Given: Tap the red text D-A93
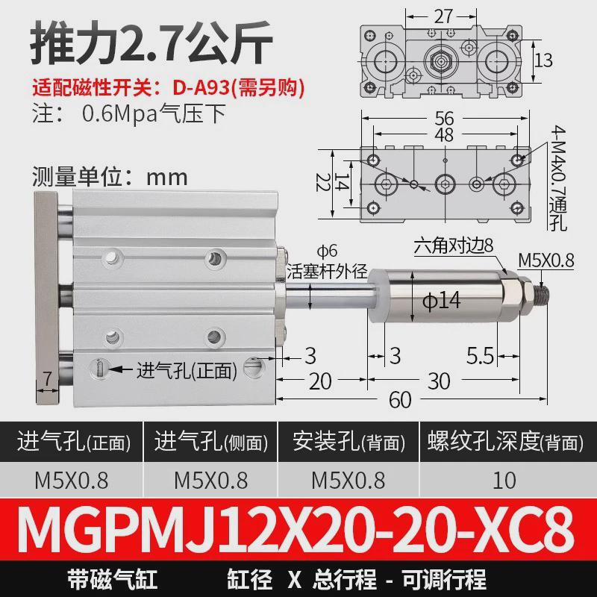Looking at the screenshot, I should (x=201, y=87).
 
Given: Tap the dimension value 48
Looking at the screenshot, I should (x=446, y=134).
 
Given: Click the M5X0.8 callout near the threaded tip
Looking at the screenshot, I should (x=546, y=260).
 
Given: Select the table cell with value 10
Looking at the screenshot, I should (x=504, y=480).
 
